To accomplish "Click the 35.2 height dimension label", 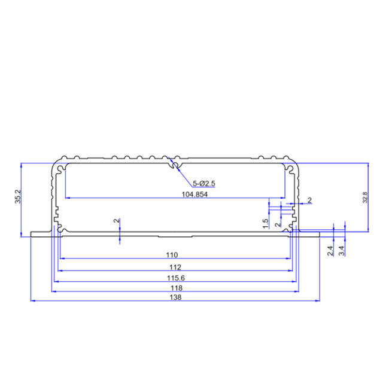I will pyautogui.click(x=17, y=198).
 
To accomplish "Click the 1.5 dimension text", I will pyautogui.click(x=266, y=223).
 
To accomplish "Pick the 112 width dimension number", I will pyautogui.click(x=175, y=267).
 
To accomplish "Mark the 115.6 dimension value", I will pyautogui.click(x=175, y=278).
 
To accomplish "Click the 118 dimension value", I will pyautogui.click(x=175, y=288).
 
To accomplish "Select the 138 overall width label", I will pyautogui.click(x=175, y=297).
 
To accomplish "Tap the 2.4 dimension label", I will pyautogui.click(x=330, y=251).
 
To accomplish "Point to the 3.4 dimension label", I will pyautogui.click(x=342, y=251).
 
